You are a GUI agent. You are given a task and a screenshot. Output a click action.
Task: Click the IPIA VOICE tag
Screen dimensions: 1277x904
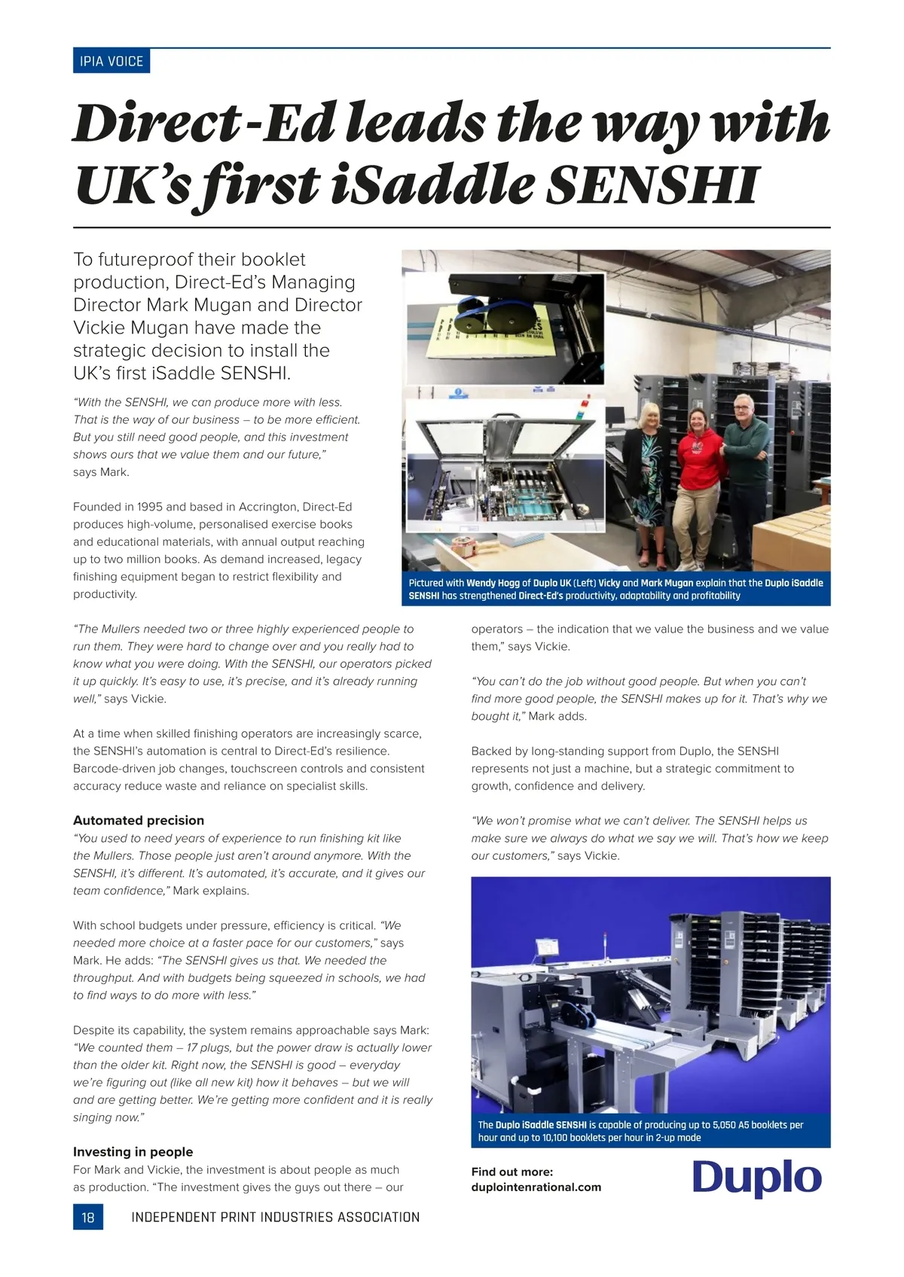(x=111, y=61)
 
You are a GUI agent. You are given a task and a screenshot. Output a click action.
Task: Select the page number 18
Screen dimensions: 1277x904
(x=88, y=1217)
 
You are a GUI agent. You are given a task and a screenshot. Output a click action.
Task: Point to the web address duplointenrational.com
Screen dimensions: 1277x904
(x=536, y=1187)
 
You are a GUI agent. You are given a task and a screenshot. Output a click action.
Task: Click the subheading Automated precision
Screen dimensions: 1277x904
(x=139, y=821)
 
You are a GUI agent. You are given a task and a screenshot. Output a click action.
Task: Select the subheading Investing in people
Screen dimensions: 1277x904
(x=133, y=1152)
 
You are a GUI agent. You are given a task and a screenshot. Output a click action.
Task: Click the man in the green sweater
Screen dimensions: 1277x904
(x=745, y=467)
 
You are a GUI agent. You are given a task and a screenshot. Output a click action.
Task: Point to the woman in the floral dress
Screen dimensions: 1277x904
(x=651, y=482)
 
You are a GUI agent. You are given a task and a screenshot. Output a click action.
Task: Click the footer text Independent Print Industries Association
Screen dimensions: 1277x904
(x=275, y=1217)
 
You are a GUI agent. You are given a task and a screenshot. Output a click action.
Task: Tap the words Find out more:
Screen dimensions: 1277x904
(x=512, y=1172)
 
